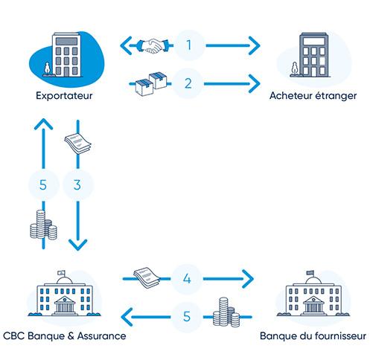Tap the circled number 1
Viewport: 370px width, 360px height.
pyautogui.click(x=189, y=46)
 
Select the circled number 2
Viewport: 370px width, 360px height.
pyautogui.click(x=189, y=83)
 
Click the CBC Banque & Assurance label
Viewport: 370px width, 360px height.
pyautogui.click(x=63, y=335)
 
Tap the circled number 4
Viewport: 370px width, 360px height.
pyautogui.click(x=189, y=280)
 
